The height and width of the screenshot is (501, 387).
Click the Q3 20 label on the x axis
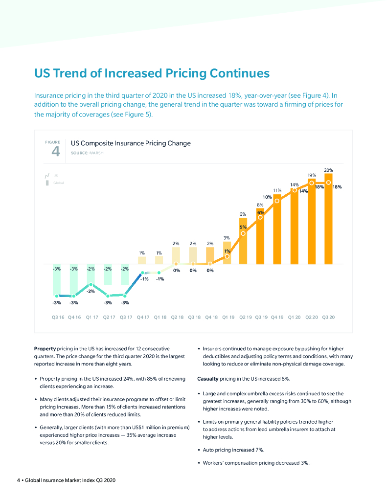pos(328,317)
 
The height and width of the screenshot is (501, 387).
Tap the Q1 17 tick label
pos(91,317)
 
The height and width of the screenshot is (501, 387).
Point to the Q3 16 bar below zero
pos(57,280)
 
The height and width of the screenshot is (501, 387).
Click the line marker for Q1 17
pos(91,284)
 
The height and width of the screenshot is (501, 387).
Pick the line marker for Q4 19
pos(277,201)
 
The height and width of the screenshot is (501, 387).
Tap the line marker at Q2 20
pos(312,183)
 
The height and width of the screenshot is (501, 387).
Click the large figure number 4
pos(56,152)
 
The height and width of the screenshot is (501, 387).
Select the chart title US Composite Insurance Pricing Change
pos(131,143)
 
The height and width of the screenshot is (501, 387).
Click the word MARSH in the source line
pos(96,153)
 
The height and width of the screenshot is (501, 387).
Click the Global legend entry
pos(58,183)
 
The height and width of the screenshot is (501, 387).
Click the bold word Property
pos(45,348)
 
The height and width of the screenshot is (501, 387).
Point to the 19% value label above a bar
pos(312,175)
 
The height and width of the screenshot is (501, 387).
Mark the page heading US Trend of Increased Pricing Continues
pos(152,73)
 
